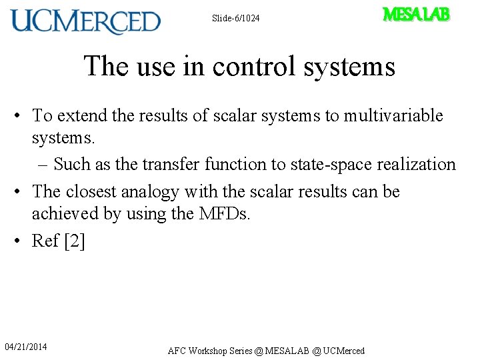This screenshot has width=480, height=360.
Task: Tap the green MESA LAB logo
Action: [x=416, y=15]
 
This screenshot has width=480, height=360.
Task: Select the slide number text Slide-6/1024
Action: [x=235, y=18]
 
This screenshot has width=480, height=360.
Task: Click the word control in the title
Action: [x=243, y=67]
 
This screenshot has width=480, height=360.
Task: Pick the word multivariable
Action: [x=393, y=115]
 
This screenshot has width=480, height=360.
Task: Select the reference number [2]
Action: [x=75, y=241]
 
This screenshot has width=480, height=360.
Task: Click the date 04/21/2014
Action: [x=26, y=347]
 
